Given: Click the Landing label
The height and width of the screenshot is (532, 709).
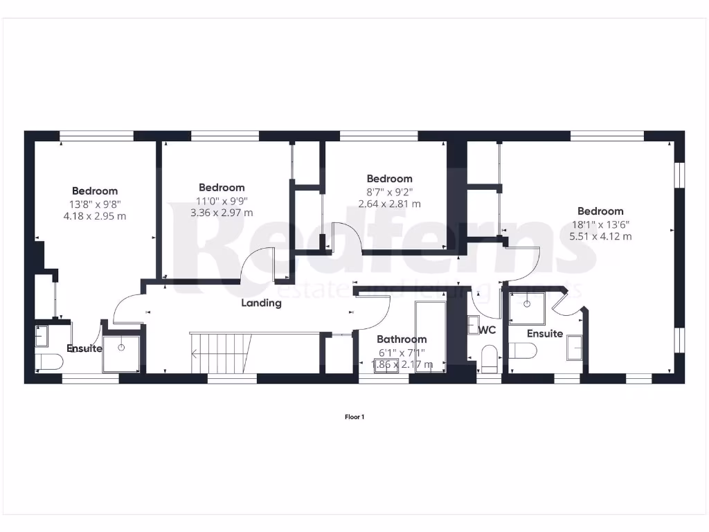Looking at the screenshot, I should [261, 303].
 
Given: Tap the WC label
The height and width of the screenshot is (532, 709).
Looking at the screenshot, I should [487, 330].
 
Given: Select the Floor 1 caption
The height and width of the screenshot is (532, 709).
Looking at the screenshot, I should [354, 417].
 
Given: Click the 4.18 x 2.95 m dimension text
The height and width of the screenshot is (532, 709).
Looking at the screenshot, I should [94, 216].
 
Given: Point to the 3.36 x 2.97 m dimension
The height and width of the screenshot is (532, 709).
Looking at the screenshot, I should [222, 213].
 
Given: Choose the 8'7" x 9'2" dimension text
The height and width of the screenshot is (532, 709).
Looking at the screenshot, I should [389, 191].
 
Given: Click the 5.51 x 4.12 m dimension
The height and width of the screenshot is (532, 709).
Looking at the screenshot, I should [600, 236].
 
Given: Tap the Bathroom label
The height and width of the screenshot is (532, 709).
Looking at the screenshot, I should [402, 339].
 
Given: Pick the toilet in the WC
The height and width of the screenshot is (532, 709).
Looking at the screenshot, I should [488, 358].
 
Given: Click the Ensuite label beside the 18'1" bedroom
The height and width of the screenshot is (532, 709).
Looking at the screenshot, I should [544, 334].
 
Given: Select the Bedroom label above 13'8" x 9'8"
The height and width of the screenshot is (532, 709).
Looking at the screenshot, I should [95, 190].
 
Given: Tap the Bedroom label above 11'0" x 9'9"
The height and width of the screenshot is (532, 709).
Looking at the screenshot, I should [222, 187].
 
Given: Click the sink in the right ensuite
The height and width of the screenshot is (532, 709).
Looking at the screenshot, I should [575, 348].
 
